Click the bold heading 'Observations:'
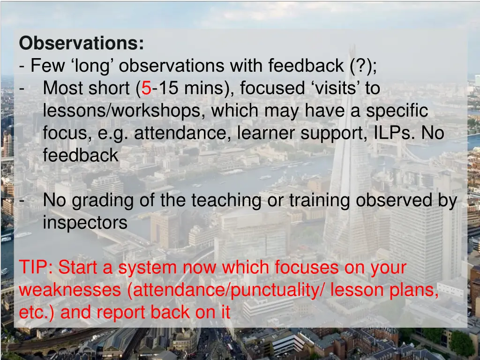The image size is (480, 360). [82, 44]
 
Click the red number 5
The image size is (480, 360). [146, 88]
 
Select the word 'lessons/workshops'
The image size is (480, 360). [123, 111]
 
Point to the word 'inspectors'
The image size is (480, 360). [85, 223]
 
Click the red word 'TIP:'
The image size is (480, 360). [36, 268]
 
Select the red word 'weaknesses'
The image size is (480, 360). [69, 290]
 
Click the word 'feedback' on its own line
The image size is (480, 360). [80, 156]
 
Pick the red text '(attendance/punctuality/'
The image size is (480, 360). [226, 290]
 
